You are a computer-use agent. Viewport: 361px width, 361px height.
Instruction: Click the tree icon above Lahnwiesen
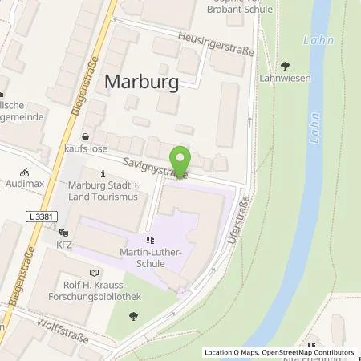coord(285,66)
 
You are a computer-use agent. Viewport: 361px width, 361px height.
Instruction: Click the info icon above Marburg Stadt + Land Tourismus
coord(103,173)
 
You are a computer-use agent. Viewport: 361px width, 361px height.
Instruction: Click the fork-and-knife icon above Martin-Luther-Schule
coord(149,239)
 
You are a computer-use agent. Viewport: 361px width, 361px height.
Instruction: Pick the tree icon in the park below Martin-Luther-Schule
coord(132,314)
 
